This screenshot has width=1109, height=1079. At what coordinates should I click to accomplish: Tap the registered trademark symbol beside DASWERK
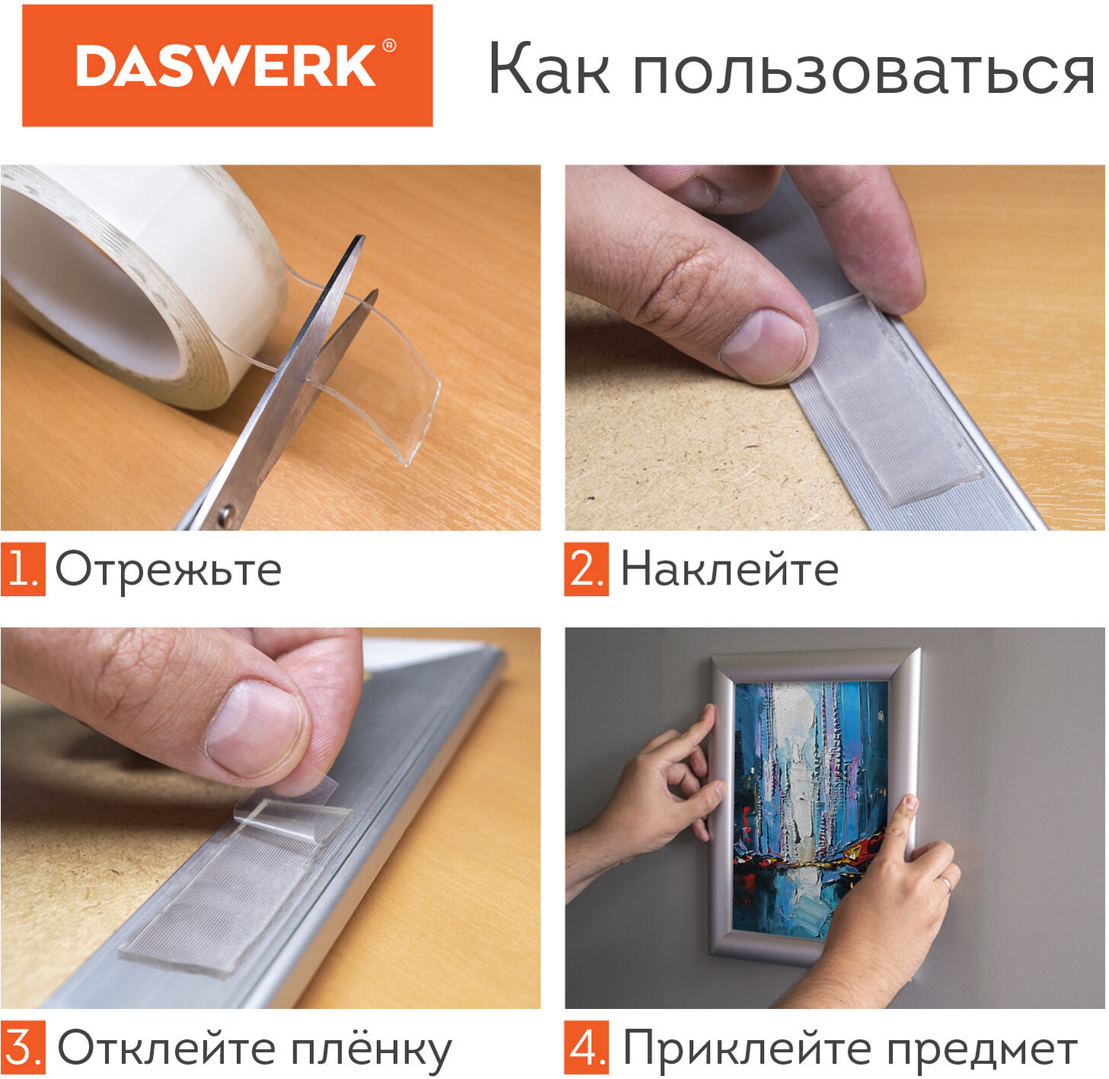389,46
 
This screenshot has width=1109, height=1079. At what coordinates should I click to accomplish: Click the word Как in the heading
549,69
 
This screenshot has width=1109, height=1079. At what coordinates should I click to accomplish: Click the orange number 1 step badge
23,569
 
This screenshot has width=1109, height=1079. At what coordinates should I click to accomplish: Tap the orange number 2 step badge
586,569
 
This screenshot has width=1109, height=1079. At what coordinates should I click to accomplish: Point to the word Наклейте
730,568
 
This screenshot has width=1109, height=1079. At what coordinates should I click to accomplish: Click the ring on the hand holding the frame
945,883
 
